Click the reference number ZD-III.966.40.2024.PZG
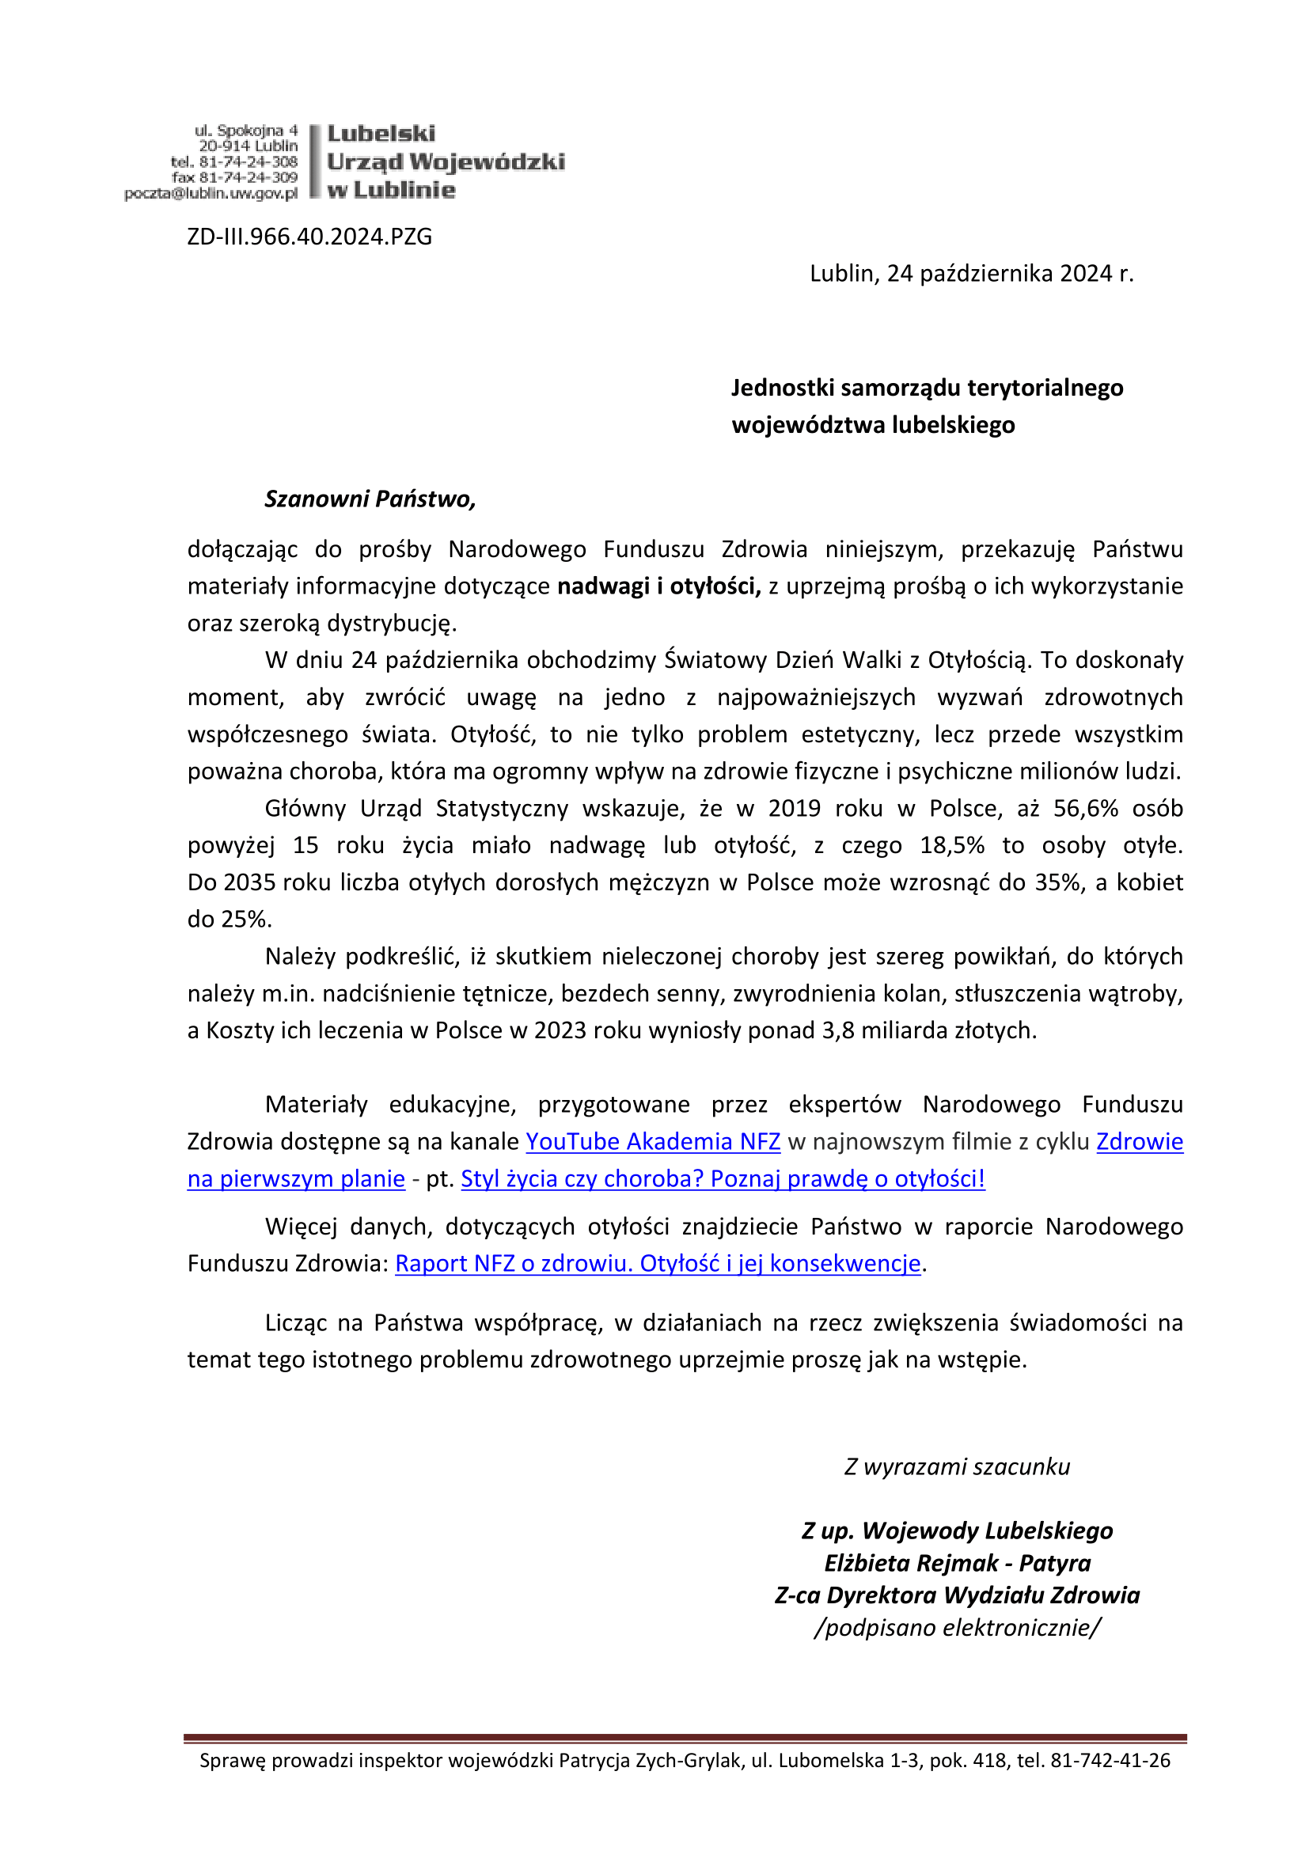point(309,237)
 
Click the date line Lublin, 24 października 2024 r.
point(971,274)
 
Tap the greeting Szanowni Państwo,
point(370,499)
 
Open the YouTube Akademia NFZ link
point(653,1142)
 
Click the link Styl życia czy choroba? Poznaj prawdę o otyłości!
point(723,1178)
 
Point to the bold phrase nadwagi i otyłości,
point(659,586)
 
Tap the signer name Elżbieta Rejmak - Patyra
point(957,1563)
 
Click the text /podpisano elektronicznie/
point(957,1628)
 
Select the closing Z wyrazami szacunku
point(957,1466)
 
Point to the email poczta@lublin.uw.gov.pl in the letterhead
point(211,193)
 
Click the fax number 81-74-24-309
point(249,177)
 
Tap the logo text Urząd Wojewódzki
point(446,162)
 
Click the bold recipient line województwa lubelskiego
point(873,425)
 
